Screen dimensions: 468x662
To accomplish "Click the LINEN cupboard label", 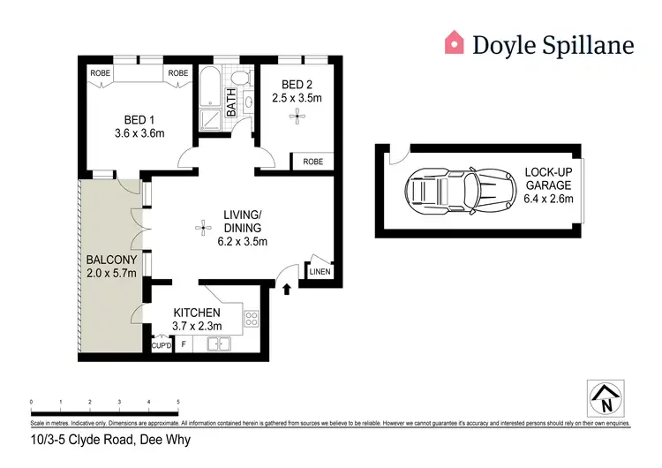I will click(x=319, y=272).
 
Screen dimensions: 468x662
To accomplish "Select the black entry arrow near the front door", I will click(x=286, y=288).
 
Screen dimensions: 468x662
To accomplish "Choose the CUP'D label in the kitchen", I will click(x=161, y=345).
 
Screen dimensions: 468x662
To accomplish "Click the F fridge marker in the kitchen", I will click(x=184, y=345).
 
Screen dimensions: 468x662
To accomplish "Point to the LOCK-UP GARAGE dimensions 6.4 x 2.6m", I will click(x=548, y=199).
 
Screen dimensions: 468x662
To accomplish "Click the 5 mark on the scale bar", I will click(x=178, y=402).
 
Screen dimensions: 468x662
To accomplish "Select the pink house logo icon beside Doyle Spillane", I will click(x=454, y=42).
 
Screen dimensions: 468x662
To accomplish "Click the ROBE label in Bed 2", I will click(x=312, y=162).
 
